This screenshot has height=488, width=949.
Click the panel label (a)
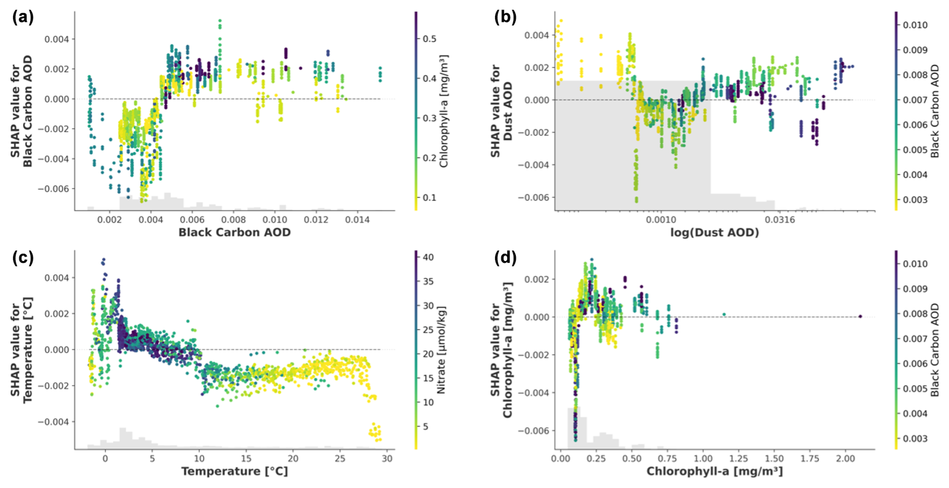(x=23, y=18)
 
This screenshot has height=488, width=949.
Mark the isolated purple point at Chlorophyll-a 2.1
(x=860, y=316)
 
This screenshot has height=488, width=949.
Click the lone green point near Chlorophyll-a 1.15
(x=724, y=314)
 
